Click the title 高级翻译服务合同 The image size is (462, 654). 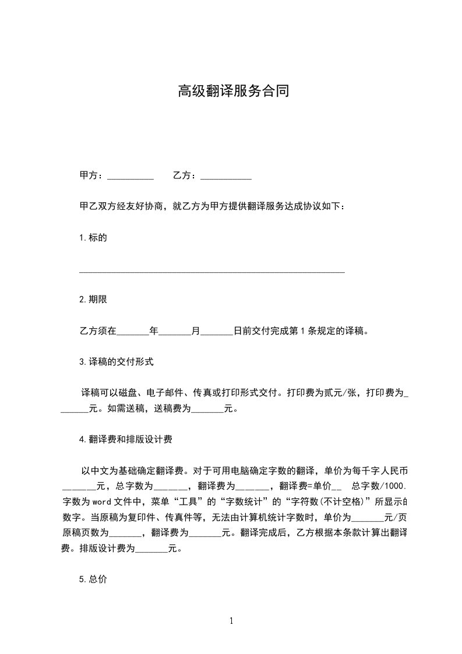(x=233, y=92)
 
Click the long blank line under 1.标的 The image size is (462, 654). (x=212, y=271)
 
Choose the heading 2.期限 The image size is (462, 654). (x=93, y=300)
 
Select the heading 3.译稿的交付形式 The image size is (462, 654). (x=116, y=362)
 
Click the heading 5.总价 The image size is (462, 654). (x=93, y=579)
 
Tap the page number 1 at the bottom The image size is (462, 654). (x=231, y=621)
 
